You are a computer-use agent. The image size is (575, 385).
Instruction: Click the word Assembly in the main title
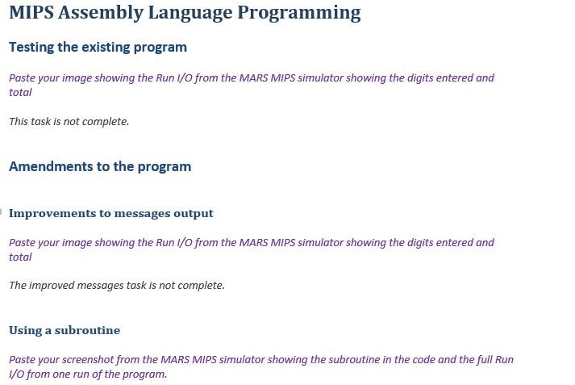(100, 13)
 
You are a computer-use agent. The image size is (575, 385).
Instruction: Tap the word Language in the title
(190, 13)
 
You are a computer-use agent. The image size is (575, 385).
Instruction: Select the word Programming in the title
(299, 13)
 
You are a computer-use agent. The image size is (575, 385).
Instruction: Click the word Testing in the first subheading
(31, 48)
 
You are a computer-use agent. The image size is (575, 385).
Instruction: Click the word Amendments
(51, 166)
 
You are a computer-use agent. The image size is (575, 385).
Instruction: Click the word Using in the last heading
(25, 331)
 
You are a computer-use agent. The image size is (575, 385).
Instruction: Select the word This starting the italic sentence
(19, 122)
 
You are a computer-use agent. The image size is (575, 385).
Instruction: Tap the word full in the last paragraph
(484, 360)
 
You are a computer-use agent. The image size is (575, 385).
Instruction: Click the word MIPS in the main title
(31, 12)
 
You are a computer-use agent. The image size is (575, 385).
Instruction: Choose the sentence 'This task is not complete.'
(69, 122)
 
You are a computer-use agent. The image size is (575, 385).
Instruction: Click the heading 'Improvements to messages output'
(111, 214)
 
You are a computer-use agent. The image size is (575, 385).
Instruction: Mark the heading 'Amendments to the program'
(100, 166)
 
